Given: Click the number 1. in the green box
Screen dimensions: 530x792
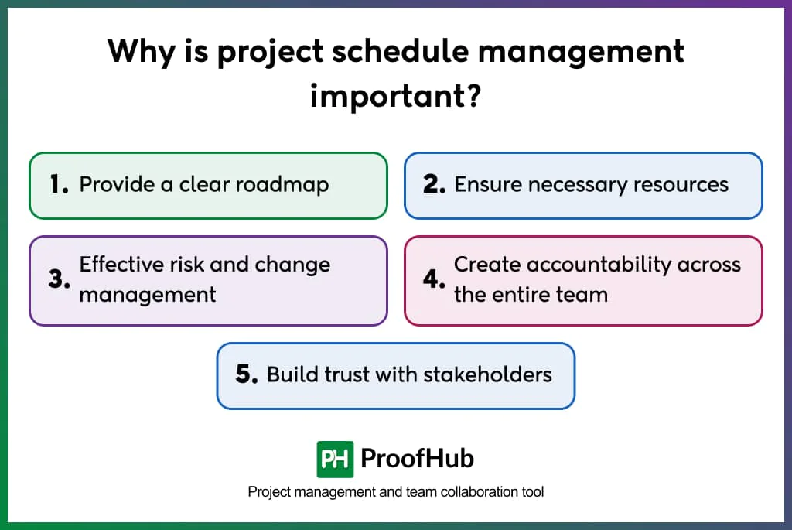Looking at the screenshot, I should pyautogui.click(x=59, y=185).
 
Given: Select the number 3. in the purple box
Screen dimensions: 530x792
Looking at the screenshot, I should pyautogui.click(x=59, y=280).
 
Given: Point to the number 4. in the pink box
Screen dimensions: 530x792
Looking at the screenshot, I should pyautogui.click(x=433, y=280).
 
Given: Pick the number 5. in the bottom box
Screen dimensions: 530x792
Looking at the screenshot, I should pyautogui.click(x=246, y=375).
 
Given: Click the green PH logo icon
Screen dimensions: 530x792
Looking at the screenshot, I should pyautogui.click(x=335, y=459).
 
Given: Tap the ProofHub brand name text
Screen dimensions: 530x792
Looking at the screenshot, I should pyautogui.click(x=417, y=459).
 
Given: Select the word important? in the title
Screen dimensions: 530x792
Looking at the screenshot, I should pyautogui.click(x=396, y=95).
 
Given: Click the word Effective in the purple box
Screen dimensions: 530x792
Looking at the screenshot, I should pyautogui.click(x=123, y=265).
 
